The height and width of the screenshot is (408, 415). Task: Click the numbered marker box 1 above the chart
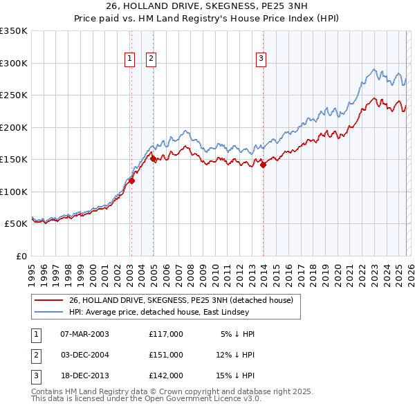click(130, 59)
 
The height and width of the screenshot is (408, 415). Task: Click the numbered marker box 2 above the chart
click(151, 59)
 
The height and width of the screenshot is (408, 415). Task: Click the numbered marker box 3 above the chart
click(261, 59)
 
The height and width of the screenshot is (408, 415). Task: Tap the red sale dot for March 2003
click(131, 181)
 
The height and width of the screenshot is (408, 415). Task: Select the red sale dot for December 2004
click(153, 159)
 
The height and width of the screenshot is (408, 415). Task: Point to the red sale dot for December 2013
click(263, 165)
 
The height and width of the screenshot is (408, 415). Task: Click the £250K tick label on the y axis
click(14, 95)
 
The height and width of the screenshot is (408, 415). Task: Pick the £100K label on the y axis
click(14, 192)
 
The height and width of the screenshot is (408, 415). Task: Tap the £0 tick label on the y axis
click(21, 256)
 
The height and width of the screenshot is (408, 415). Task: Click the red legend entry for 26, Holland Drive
click(181, 300)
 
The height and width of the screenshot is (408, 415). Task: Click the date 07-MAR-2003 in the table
click(84, 334)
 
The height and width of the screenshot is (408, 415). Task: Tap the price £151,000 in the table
click(166, 355)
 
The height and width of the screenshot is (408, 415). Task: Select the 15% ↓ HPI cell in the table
click(235, 375)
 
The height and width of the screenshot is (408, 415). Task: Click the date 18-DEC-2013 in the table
click(84, 375)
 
